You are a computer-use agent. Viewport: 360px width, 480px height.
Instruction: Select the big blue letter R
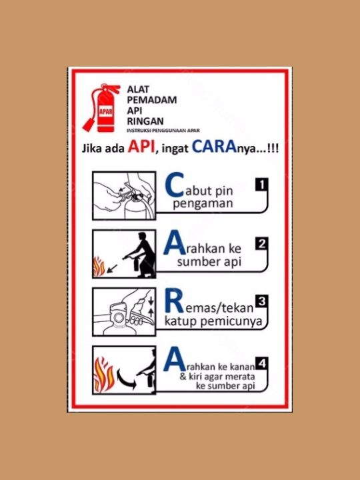(x=173, y=304)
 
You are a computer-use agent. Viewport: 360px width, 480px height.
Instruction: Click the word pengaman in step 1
(x=203, y=204)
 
